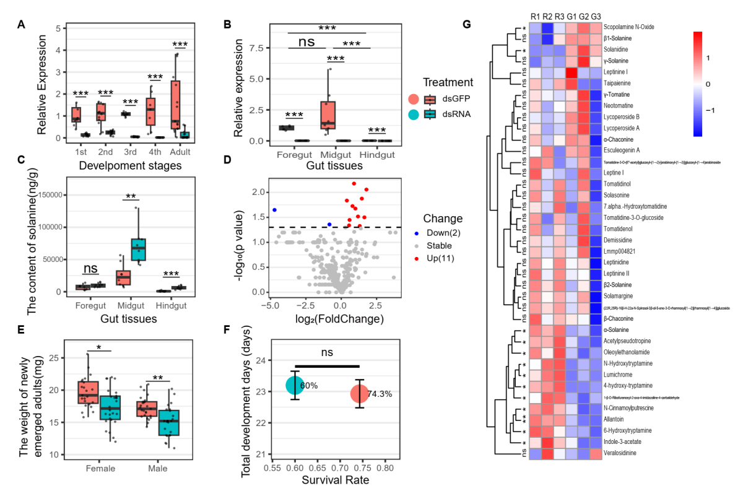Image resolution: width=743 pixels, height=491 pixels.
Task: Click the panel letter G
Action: (467, 25)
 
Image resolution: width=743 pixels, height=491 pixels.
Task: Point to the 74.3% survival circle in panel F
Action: (358, 394)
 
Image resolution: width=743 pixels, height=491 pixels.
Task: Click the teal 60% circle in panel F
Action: (295, 385)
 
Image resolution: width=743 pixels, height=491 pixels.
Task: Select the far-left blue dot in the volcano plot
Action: (274, 210)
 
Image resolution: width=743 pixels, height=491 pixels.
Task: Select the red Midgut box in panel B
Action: (328, 115)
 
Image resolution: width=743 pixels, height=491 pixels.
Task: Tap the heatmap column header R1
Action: (535, 15)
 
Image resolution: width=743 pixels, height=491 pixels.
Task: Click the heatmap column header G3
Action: (595, 15)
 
